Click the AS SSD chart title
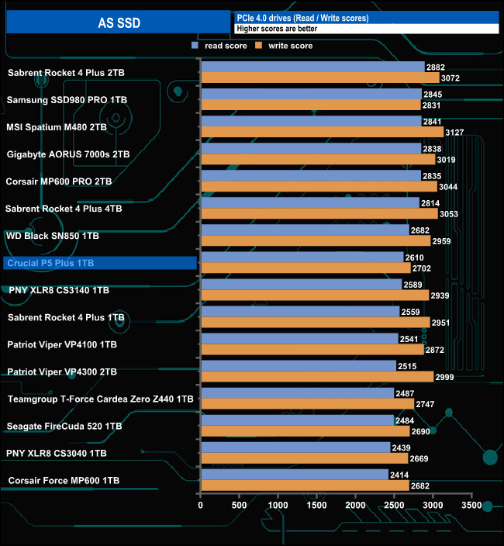click(x=117, y=22)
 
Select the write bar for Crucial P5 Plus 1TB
click(x=306, y=268)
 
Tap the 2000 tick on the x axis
click(x=355, y=505)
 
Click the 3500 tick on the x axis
click(x=471, y=505)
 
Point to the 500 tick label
click(x=240, y=505)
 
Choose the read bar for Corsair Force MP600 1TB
click(x=294, y=475)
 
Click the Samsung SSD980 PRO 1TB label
click(x=67, y=100)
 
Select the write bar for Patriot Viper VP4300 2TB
click(x=317, y=377)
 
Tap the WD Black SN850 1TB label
click(x=53, y=235)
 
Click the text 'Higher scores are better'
click(x=278, y=29)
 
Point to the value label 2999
click(x=445, y=377)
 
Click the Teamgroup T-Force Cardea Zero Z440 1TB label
click(x=100, y=399)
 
